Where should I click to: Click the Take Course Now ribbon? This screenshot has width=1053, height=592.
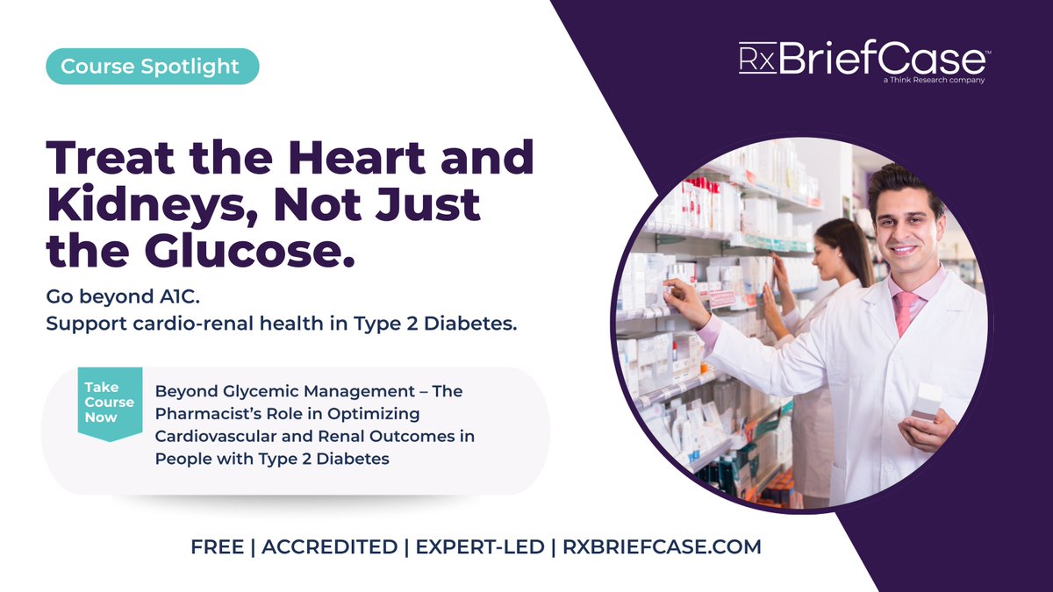(109, 402)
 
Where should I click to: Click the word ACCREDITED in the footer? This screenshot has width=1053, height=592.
(329, 547)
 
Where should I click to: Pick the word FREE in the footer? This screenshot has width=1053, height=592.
(218, 547)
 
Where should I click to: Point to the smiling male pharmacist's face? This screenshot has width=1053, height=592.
(903, 228)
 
